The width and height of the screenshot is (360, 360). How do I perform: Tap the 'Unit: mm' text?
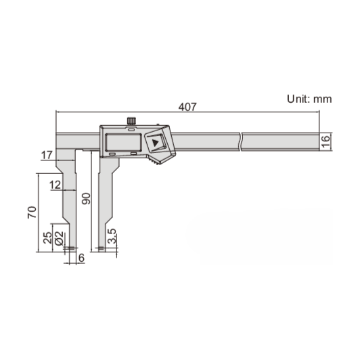[309, 99]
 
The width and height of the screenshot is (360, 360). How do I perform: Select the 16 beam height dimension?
[325, 141]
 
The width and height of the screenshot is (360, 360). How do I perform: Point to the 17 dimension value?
[47, 156]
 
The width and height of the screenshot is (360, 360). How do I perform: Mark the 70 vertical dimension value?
[31, 212]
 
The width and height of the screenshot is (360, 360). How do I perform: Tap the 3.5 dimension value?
[112, 237]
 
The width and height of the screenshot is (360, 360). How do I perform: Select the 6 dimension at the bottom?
[81, 258]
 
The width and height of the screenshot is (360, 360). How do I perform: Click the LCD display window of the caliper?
[122, 142]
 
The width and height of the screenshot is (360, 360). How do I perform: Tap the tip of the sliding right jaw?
[102, 249]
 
